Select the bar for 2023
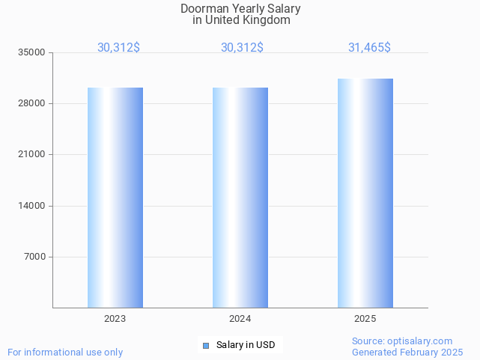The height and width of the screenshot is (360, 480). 115,198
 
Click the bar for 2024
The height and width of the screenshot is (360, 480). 240,198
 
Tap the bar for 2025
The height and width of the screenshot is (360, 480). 365,193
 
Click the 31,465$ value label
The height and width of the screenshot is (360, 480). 369,47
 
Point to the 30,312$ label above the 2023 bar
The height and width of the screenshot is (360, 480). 118,47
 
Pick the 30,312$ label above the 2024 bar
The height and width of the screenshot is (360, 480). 242,47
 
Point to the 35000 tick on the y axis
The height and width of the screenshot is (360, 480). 32,52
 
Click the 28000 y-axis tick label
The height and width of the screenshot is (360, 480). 32,103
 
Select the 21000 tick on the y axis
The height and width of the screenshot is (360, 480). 32,155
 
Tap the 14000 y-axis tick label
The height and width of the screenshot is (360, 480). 32,206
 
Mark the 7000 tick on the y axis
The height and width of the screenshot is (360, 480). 34,257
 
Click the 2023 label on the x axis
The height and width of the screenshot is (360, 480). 115,319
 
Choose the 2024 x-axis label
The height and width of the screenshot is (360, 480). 240,319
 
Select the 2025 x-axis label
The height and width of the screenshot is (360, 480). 365,319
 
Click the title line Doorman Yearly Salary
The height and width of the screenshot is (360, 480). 240,9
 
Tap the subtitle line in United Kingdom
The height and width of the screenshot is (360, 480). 240,20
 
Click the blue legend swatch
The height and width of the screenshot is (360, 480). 206,345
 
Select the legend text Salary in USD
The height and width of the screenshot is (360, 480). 246,345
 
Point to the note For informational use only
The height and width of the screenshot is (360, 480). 65,352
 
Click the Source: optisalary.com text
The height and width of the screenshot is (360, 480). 402,341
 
